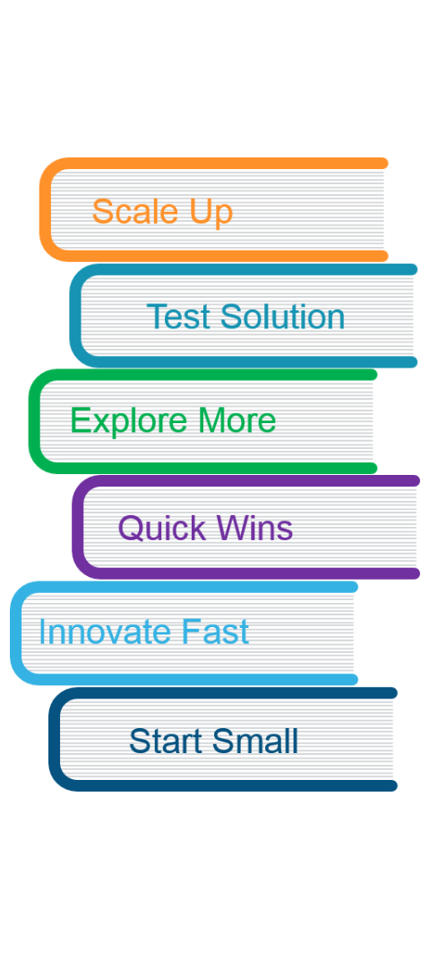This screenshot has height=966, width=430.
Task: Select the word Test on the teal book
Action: [179, 317]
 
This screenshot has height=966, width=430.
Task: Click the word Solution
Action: [282, 317]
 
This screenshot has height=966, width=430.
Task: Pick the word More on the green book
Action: [236, 421]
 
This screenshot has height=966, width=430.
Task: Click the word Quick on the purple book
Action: [161, 529]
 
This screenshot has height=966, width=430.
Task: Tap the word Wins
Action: [254, 528]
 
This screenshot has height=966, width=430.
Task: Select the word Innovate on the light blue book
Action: [97, 632]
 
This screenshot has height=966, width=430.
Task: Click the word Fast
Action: [207, 632]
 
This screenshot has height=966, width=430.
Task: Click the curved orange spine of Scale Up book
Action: [45, 209]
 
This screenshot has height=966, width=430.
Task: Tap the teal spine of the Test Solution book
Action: [74, 316]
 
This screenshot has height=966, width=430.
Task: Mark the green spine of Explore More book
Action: [34, 421]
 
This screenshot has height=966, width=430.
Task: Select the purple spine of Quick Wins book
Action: [77, 528]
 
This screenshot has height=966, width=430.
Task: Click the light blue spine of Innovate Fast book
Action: [16, 632]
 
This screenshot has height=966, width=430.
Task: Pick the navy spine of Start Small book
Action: [55, 740]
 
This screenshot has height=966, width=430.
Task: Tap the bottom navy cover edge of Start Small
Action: [235, 786]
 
